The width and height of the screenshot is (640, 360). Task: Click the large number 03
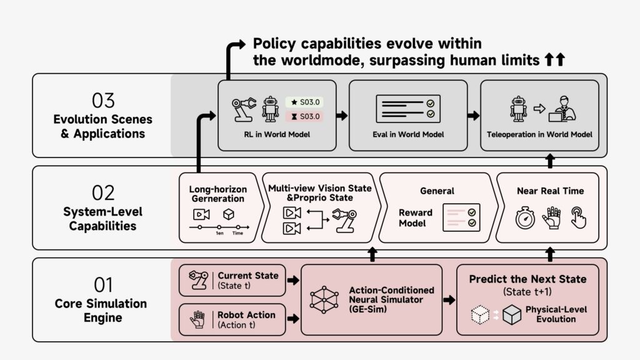(102, 100)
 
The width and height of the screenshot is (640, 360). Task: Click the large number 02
(102, 192)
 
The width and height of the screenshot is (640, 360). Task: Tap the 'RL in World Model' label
(276, 134)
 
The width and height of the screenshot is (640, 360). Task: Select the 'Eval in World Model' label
(407, 134)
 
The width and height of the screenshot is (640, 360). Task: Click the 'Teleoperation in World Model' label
(539, 134)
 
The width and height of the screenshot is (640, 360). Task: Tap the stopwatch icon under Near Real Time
(524, 219)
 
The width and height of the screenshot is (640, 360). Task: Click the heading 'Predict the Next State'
(527, 279)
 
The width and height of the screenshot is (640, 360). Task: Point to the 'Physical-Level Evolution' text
(556, 314)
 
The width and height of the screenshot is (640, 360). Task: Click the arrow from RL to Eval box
(342, 116)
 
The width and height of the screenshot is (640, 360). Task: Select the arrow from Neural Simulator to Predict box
(449, 300)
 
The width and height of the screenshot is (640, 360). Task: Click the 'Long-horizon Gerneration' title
(217, 194)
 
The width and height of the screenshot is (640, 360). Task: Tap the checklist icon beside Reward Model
(461, 217)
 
